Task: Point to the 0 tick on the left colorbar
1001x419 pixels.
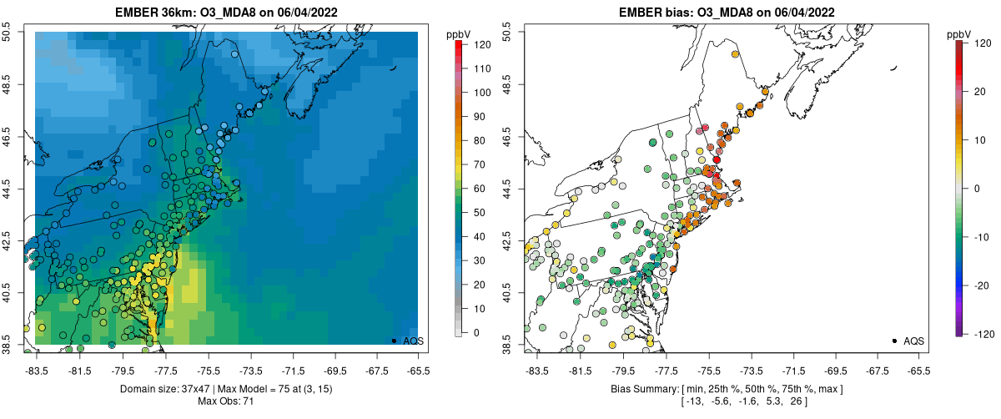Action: pyautogui.click(x=475, y=332)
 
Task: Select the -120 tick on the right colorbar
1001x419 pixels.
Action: pyautogui.click(x=982, y=332)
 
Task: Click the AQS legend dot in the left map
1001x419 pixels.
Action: pyautogui.click(x=394, y=341)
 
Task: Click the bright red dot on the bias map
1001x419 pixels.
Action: pyautogui.click(x=717, y=159)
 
